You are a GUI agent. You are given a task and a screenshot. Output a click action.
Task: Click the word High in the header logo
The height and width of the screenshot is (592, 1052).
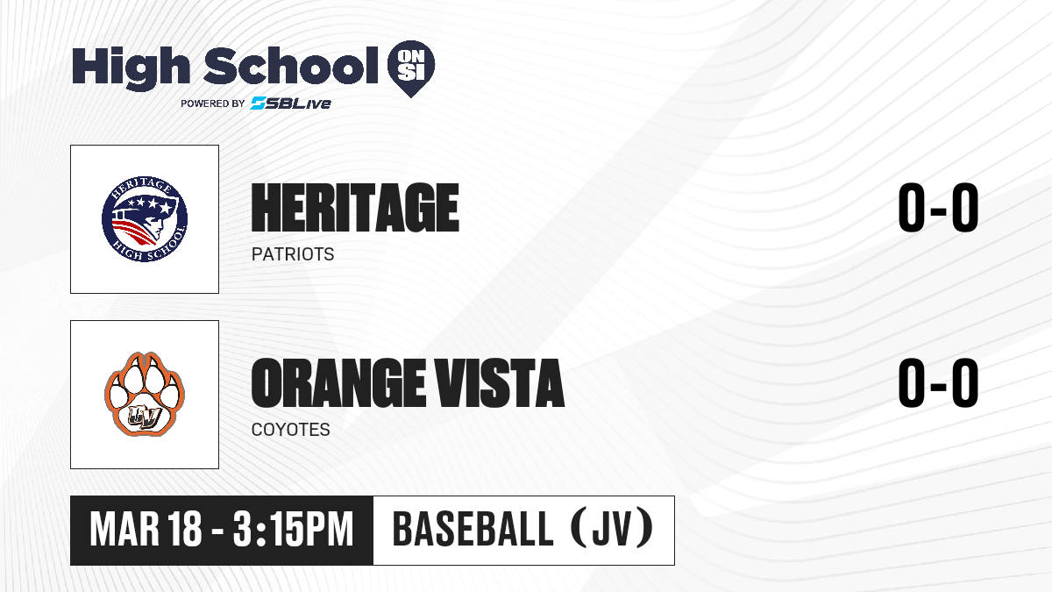point(131,68)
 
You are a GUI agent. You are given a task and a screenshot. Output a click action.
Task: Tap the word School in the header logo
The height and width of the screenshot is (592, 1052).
point(291,66)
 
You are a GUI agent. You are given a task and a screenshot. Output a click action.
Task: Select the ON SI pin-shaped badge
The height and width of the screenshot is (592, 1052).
point(411,68)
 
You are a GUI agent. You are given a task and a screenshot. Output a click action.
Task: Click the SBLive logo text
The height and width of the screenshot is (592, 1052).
point(291,103)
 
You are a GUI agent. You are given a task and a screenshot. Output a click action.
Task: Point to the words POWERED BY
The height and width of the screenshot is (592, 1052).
point(213,103)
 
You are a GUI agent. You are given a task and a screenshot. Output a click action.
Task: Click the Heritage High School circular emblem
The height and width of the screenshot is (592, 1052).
point(145,219)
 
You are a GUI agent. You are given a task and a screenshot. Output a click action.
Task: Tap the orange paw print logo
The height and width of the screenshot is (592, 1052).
point(144,394)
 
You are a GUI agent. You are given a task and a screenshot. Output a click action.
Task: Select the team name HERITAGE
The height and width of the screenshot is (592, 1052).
point(355,208)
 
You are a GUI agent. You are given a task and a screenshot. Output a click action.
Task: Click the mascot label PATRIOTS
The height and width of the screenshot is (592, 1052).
point(293,254)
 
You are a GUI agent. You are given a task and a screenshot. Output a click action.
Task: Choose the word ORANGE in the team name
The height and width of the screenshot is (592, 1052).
point(338,383)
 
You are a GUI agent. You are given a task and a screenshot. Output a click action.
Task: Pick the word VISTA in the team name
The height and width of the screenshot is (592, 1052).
point(498,383)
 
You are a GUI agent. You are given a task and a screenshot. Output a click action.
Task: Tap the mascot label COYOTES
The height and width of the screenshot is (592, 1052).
point(291,430)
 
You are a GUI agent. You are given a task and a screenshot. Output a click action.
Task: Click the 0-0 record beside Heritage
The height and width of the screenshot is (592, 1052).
point(938,208)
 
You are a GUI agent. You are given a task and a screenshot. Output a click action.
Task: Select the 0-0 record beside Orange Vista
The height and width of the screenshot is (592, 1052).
point(938,383)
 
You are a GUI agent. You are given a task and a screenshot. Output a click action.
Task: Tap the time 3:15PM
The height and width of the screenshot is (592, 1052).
point(293,529)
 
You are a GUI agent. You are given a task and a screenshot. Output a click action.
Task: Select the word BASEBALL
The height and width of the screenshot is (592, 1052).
point(473,529)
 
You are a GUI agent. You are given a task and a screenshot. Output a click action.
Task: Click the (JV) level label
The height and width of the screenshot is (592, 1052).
point(614,529)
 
